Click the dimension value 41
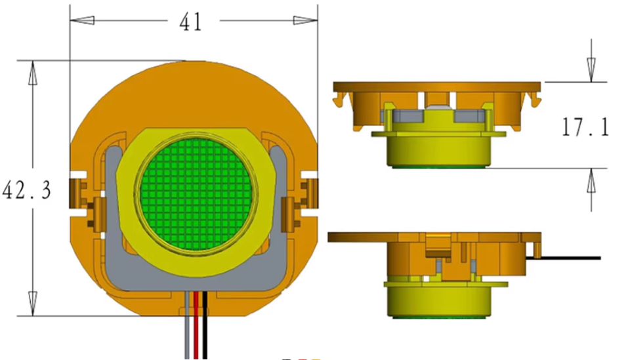click(190, 22)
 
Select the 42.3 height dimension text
click(27, 191)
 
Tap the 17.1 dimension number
click(585, 126)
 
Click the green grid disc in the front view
click(195, 194)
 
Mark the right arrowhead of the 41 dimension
click(304, 20)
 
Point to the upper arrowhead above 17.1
click(591, 70)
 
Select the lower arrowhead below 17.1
click(591, 180)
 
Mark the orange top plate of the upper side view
click(436, 86)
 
